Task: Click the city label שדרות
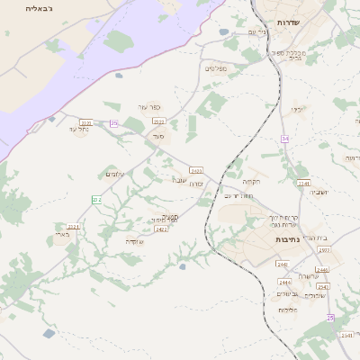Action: [288, 22]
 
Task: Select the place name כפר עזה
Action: [148, 106]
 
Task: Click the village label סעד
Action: [158, 137]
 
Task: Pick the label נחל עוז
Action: [79, 130]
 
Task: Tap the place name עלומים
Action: [115, 174]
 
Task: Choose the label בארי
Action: [61, 235]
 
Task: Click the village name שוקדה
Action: [134, 241]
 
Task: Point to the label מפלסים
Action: [216, 68]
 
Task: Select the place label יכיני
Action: [297, 110]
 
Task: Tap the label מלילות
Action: [288, 310]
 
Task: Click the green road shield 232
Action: [96, 198]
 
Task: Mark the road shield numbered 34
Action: [285, 139]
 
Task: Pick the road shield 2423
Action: [196, 169]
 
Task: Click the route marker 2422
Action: [162, 229]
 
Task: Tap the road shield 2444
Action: [284, 282]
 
